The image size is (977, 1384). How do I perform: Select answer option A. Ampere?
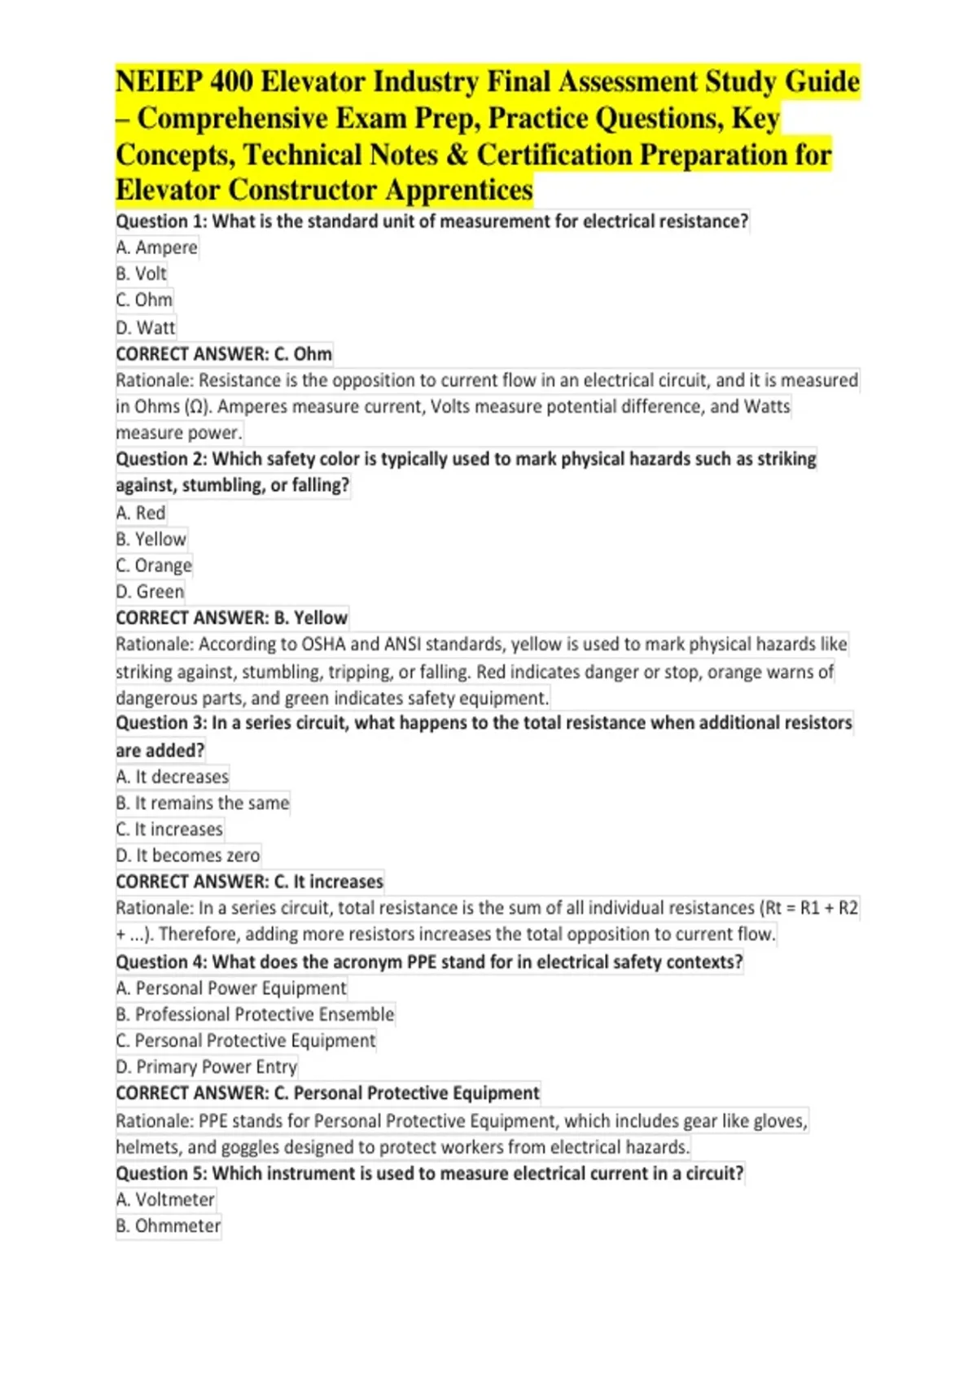coord(156,247)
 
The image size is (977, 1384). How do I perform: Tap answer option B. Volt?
coord(141,274)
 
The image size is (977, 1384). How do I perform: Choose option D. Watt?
coord(145,327)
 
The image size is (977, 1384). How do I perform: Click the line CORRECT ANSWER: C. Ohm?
coord(223,354)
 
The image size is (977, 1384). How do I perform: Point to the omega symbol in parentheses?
coord(196,406)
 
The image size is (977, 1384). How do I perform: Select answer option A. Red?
coord(140,513)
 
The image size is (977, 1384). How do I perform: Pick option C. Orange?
coord(154,565)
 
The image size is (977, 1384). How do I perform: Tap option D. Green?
coord(150,592)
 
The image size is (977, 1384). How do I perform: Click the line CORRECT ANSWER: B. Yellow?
coord(231,618)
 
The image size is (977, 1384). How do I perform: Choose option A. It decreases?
coord(172,777)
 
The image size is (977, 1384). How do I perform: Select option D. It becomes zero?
coord(187,856)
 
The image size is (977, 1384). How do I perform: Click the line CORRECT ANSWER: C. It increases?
coord(249,882)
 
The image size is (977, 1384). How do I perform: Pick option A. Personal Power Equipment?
coord(231,988)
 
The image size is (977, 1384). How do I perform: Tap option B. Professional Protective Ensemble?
coord(255,1014)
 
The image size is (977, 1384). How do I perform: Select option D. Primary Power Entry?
coord(206,1066)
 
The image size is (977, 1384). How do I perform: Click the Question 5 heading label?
coord(161,1173)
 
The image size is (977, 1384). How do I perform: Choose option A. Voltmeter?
coord(165,1199)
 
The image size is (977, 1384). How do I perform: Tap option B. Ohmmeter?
coord(168,1226)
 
